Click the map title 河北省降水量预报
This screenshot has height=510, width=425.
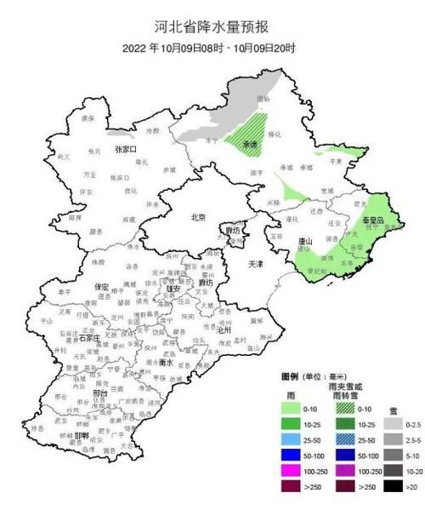click(212, 26)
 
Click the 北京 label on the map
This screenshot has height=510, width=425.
click(198, 217)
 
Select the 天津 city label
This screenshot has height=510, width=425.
click(255, 265)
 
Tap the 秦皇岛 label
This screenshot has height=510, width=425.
click(374, 220)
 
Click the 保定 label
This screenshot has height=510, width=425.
click(101, 286)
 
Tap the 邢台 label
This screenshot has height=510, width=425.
click(78, 394)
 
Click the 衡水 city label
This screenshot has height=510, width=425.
click(168, 362)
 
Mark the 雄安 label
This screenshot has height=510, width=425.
click(173, 289)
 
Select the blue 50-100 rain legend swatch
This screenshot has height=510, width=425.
click(295, 456)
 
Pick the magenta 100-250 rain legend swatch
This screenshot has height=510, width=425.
click(295, 472)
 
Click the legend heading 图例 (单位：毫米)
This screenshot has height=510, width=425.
click(311, 375)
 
